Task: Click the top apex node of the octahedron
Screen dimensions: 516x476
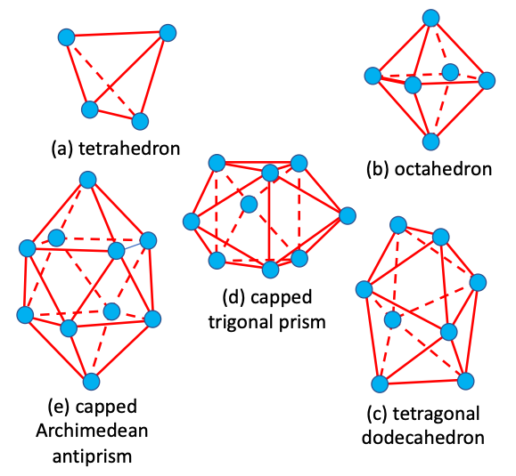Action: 430,18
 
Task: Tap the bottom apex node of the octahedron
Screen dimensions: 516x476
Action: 430,141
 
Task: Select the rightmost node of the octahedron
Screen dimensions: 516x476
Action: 487,80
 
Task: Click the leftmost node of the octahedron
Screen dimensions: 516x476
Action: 373,76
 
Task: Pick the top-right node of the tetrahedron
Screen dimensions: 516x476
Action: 168,33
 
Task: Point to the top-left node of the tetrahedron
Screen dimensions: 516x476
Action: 67,37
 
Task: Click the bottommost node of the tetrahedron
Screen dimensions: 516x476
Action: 140,121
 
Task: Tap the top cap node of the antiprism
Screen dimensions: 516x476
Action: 88,180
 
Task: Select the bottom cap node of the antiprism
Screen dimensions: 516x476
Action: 91,382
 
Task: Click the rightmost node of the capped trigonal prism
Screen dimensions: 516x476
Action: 348,216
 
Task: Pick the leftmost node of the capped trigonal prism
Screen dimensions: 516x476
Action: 192,221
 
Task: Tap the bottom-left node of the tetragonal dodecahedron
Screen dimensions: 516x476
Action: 380,384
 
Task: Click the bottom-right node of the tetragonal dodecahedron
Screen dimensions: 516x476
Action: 466,381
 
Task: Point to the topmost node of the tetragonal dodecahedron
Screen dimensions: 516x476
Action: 398,225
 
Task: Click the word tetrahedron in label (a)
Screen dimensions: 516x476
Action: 129,149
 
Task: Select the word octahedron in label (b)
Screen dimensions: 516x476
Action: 443,170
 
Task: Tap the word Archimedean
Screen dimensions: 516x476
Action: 92,431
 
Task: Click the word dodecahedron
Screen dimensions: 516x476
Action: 423,438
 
